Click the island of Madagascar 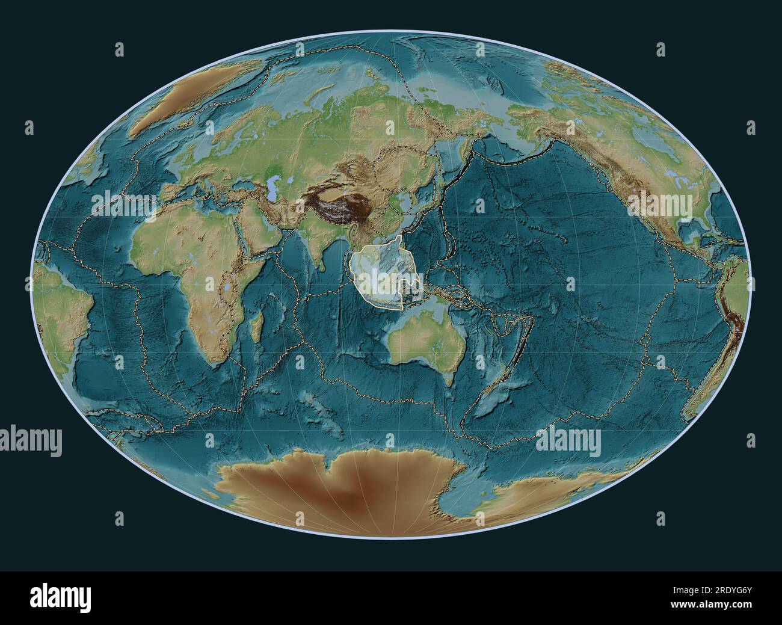[x=255, y=334]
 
